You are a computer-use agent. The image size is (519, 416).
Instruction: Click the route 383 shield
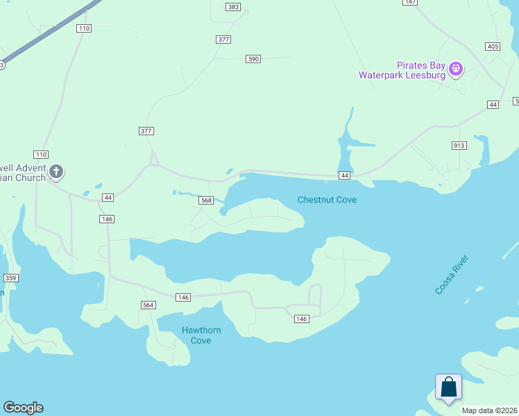(x=233, y=7)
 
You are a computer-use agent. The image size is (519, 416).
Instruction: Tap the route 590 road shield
(x=253, y=59)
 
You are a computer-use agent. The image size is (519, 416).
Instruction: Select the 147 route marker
(x=411, y=2)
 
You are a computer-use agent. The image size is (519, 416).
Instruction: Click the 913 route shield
(x=459, y=146)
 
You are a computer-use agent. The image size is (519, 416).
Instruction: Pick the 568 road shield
(x=206, y=200)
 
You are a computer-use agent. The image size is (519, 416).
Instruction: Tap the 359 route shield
(x=10, y=278)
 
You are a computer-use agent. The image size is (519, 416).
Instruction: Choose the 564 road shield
(x=148, y=305)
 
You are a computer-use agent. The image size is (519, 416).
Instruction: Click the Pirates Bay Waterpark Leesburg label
(x=402, y=70)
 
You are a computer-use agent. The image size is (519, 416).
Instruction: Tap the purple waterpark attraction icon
(x=456, y=68)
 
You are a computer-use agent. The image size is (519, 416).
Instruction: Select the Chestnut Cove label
(x=327, y=200)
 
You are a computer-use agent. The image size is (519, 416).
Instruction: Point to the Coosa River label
(x=452, y=275)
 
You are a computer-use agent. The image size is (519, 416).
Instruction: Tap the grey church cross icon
(x=56, y=171)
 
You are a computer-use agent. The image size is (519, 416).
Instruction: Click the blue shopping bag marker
(x=448, y=387)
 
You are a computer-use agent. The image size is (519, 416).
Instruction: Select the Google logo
(x=23, y=408)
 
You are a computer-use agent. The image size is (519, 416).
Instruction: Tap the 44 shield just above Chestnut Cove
(x=344, y=176)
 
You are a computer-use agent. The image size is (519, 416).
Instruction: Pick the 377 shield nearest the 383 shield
(x=223, y=40)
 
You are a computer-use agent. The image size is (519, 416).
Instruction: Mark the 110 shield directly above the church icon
(x=41, y=154)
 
